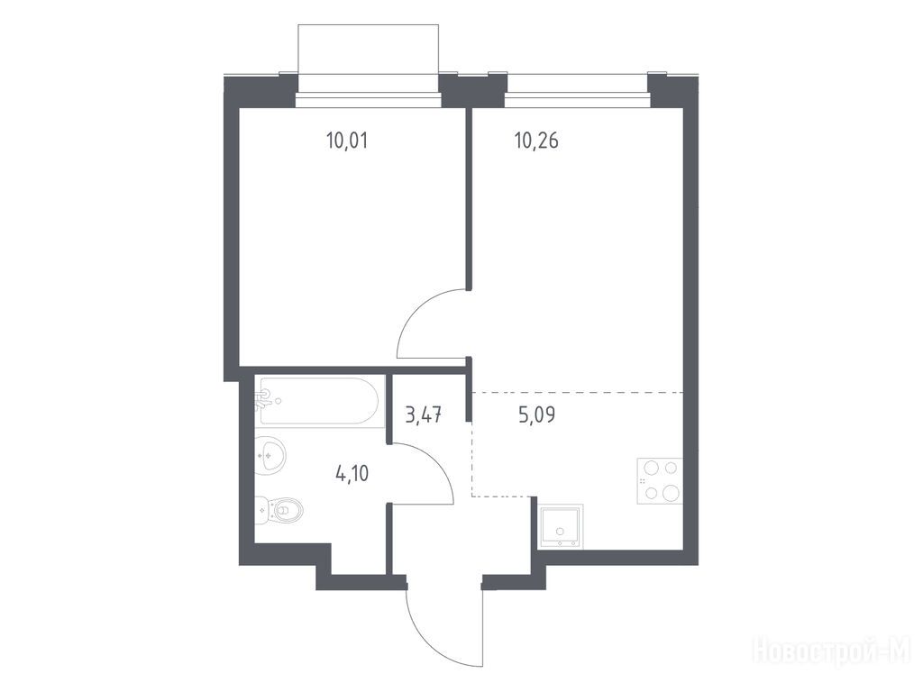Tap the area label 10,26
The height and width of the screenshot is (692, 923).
point(536,141)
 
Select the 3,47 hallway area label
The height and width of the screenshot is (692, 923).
point(424,415)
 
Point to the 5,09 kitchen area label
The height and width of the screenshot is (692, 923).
point(537,415)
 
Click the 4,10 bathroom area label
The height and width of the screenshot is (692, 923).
point(352,473)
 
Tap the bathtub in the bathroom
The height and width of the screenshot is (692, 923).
point(320,401)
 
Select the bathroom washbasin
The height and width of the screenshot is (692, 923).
point(270,455)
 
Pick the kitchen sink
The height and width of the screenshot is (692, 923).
point(561,526)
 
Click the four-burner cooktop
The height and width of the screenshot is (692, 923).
point(660,481)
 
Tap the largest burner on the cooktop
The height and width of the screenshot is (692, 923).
point(671,493)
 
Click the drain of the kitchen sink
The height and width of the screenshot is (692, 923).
point(561,532)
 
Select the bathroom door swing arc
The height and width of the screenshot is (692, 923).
point(435,462)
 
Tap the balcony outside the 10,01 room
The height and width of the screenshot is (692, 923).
point(369,58)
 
